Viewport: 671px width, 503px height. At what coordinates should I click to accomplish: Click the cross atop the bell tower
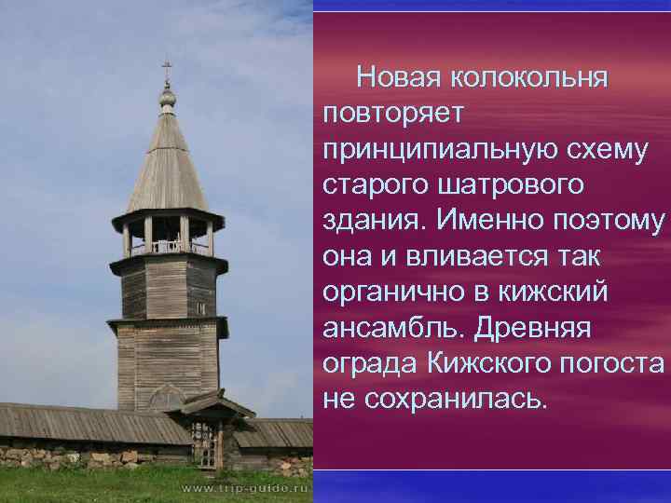167,69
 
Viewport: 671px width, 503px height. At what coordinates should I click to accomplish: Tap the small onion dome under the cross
167,97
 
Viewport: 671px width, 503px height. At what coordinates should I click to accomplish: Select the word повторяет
398,112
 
